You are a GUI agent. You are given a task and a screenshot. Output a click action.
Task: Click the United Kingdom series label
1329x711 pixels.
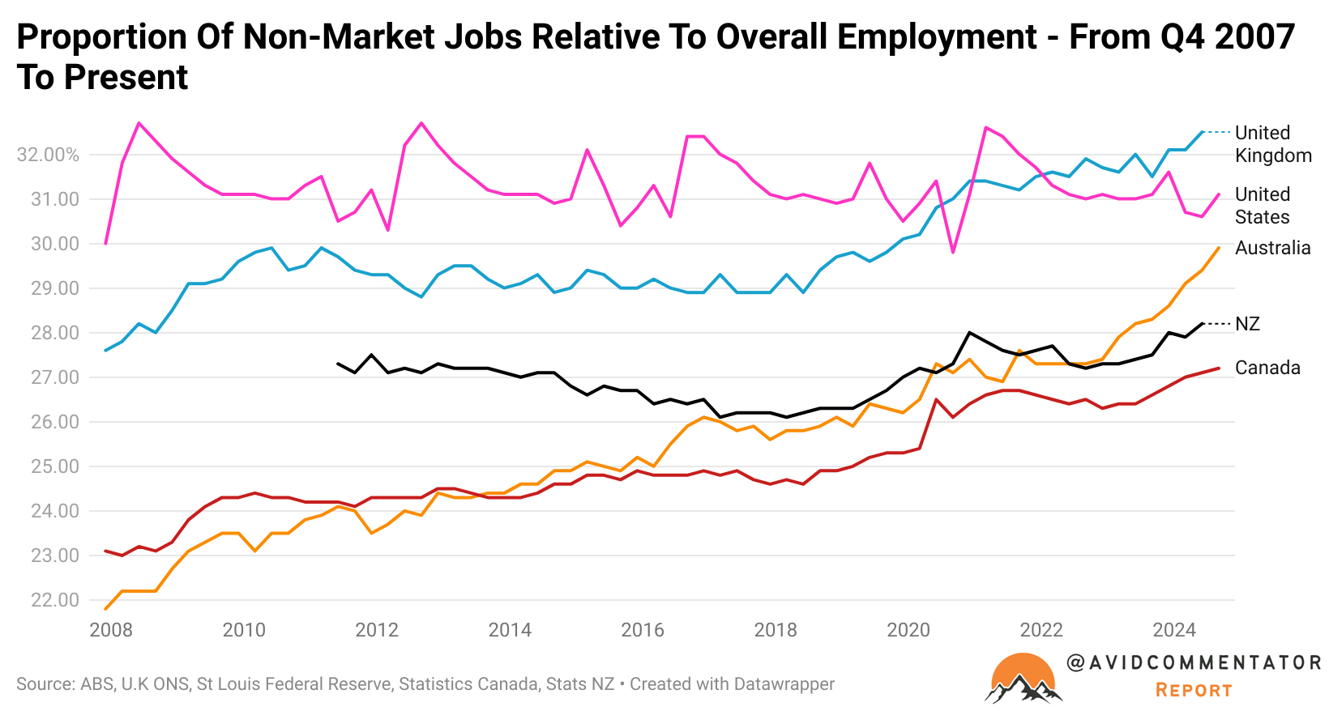[x=1272, y=144]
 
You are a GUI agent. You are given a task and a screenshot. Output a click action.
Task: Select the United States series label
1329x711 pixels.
[x=1262, y=206]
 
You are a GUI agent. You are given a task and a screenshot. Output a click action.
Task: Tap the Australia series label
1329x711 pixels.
[x=1272, y=248]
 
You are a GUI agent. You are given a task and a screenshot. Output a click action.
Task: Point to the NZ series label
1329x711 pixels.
[x=1247, y=324]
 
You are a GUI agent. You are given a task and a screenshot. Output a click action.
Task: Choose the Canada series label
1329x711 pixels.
[x=1267, y=368]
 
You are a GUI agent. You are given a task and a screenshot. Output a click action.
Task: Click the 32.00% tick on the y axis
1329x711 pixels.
[x=48, y=155]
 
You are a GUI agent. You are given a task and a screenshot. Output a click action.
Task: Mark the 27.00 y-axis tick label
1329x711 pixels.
[x=55, y=377]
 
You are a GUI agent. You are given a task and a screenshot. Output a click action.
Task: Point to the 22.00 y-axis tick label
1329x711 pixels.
[x=55, y=600]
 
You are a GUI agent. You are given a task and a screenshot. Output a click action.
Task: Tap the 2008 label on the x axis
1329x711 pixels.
[x=111, y=630]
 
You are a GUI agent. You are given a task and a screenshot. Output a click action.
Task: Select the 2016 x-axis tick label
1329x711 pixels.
[x=643, y=630]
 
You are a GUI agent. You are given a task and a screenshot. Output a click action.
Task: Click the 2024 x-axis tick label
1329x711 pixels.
[x=1174, y=630]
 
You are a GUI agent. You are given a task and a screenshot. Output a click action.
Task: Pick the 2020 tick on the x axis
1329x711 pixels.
[x=908, y=630]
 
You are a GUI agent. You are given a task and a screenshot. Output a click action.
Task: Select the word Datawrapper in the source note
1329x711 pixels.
[x=783, y=684]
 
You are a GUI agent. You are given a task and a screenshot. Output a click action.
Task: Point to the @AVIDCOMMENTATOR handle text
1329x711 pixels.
[x=1194, y=662]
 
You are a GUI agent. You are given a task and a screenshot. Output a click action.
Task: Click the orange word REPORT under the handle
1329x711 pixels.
[x=1194, y=690]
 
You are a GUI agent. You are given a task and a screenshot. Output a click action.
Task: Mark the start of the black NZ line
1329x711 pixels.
[x=337, y=364]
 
